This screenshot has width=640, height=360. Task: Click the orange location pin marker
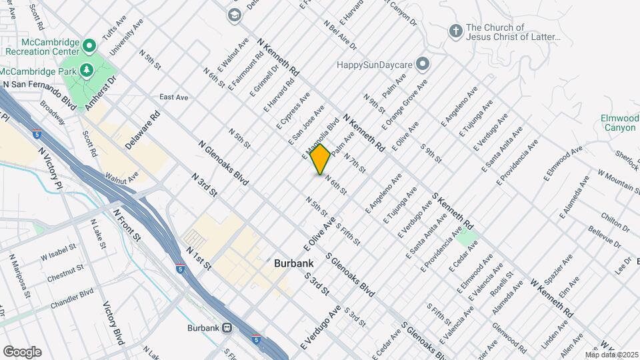click(x=321, y=159)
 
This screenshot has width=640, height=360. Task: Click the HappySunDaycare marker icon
click(x=422, y=64)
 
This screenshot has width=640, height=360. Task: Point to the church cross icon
click(x=455, y=31)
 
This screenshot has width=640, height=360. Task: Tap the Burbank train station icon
click(x=227, y=328)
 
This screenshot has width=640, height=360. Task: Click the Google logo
click(x=22, y=352)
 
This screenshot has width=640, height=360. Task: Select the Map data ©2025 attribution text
click(x=611, y=355)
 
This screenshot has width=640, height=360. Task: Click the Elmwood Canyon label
click(x=619, y=123)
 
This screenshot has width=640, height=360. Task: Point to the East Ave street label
click(x=174, y=97)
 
